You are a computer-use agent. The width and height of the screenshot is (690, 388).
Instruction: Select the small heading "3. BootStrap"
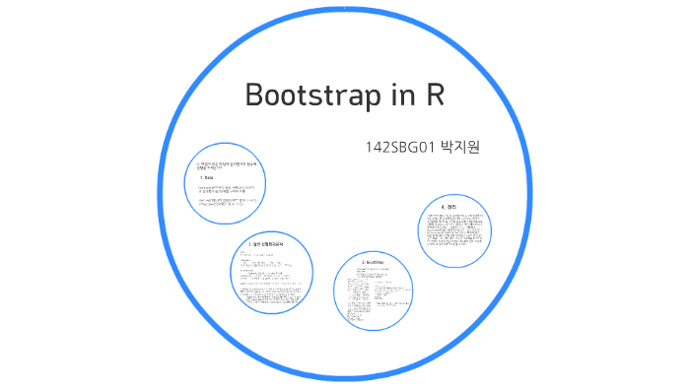(372, 264)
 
